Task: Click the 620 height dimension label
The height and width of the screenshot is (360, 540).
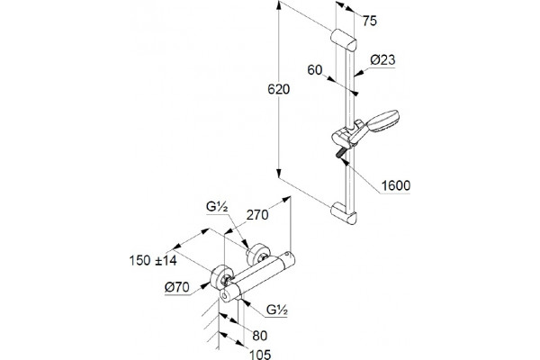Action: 279,90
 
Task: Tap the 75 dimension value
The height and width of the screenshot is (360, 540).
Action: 370,21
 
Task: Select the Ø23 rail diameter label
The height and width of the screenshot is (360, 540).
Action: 382,60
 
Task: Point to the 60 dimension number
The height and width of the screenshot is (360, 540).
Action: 315,70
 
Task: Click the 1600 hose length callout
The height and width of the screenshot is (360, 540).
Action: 396,185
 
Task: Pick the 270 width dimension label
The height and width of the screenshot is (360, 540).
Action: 257,215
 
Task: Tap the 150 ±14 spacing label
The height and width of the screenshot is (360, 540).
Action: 153,260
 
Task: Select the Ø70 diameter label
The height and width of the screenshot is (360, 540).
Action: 176,287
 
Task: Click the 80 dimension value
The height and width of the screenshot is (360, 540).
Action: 260,336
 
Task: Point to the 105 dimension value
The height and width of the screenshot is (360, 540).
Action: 260,354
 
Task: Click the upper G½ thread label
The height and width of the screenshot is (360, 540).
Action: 217,207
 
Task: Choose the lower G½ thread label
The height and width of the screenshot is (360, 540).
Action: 277,310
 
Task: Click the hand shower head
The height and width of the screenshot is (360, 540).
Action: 382,121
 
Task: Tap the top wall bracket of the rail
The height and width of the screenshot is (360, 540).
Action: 344,40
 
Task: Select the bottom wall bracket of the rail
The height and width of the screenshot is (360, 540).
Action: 344,214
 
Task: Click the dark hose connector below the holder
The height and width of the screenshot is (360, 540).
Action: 340,153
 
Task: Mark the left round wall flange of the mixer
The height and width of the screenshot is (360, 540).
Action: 221,278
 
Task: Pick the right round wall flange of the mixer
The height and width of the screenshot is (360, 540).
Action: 258,254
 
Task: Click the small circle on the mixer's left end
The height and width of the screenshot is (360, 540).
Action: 225,295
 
